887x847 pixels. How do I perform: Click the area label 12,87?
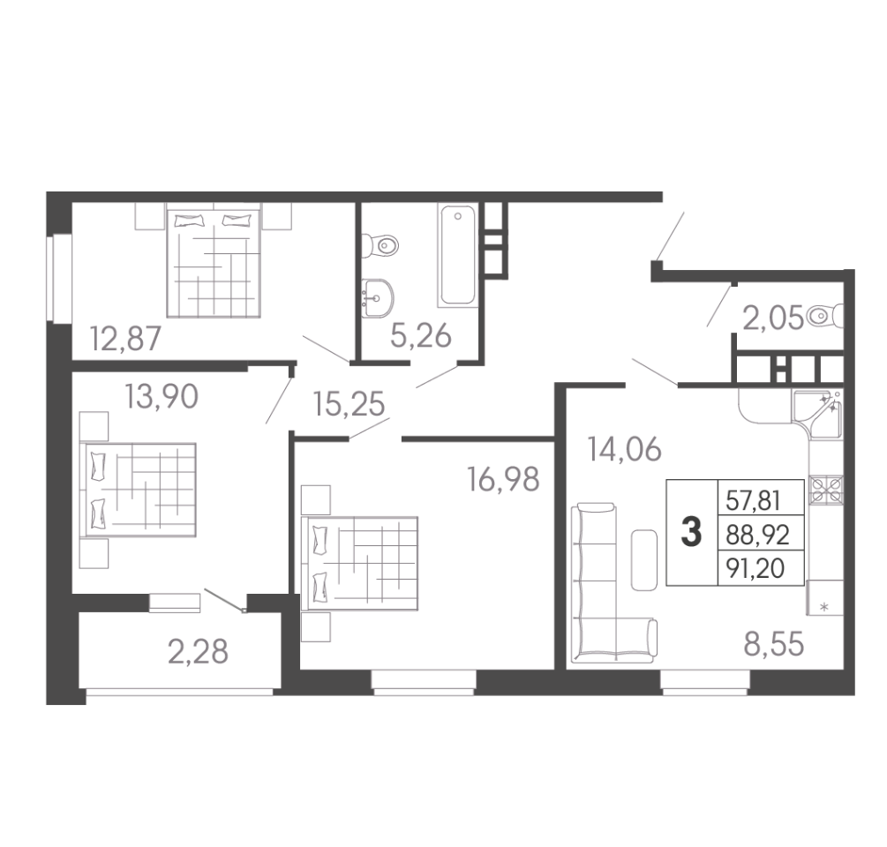(x=125, y=339)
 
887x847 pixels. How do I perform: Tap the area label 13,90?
(x=162, y=396)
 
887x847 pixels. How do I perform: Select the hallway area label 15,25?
(x=349, y=405)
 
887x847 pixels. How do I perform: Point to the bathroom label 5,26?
(x=421, y=336)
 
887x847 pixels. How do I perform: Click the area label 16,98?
(x=503, y=479)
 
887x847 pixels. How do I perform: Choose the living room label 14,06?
(x=624, y=450)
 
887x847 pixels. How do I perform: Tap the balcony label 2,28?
(x=198, y=651)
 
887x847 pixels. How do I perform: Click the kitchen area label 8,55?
(x=773, y=645)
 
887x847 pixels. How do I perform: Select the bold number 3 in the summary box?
(x=691, y=533)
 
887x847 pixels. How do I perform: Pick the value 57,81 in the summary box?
(x=753, y=501)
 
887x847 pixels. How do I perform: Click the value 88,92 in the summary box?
(x=757, y=535)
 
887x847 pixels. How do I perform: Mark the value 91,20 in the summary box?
(x=755, y=568)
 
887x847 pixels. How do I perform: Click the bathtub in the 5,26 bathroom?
(x=457, y=256)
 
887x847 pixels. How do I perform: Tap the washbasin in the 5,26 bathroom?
(x=378, y=297)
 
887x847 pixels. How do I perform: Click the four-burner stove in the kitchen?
(x=826, y=490)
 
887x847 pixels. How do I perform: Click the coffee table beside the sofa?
(x=643, y=559)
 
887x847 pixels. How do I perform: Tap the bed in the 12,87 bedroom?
(x=214, y=263)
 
